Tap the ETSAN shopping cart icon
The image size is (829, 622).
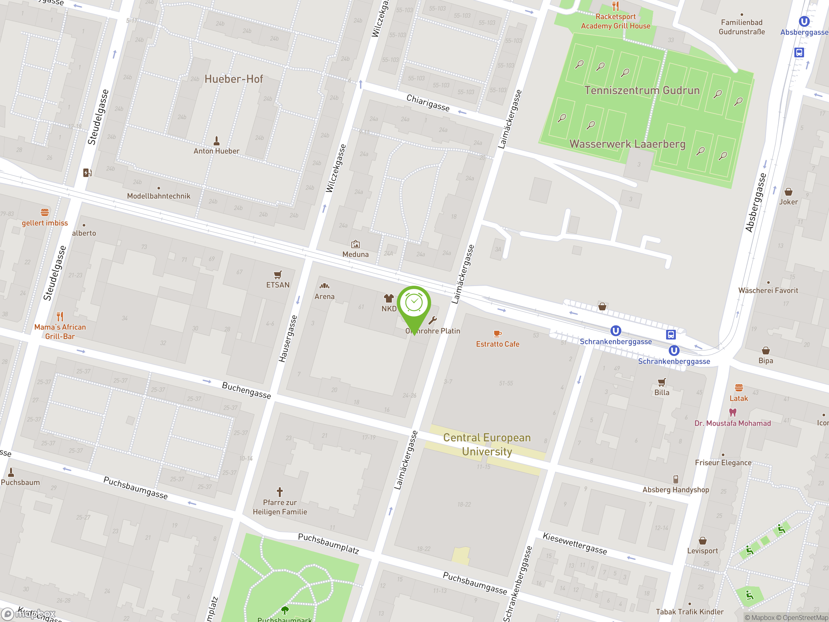pyautogui.click(x=278, y=275)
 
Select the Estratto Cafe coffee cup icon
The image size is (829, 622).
pyautogui.click(x=497, y=333)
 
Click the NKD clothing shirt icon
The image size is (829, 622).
pyautogui.click(x=389, y=298)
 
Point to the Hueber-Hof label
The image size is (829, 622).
pyautogui.click(x=233, y=79)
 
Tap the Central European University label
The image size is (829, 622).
pyautogui.click(x=487, y=444)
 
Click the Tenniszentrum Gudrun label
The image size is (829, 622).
pyautogui.click(x=642, y=90)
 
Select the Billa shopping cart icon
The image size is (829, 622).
pyautogui.click(x=662, y=382)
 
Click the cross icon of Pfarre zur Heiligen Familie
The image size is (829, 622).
pyautogui.click(x=279, y=491)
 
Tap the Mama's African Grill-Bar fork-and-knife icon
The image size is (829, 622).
pyautogui.click(x=60, y=316)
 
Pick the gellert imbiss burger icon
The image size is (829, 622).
pyautogui.click(x=45, y=212)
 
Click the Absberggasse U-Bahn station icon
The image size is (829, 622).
pyautogui.click(x=804, y=21)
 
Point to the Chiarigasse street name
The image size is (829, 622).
pyautogui.click(x=428, y=102)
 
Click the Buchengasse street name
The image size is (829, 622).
pyautogui.click(x=246, y=390)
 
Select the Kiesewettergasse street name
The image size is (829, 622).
pyautogui.click(x=574, y=543)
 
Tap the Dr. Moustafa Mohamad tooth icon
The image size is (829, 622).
pyautogui.click(x=733, y=412)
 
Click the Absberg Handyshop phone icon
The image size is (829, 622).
pyautogui.click(x=675, y=479)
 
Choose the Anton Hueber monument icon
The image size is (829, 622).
pyautogui.click(x=216, y=141)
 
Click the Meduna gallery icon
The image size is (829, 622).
pyautogui.click(x=355, y=245)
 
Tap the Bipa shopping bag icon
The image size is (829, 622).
pyautogui.click(x=766, y=351)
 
